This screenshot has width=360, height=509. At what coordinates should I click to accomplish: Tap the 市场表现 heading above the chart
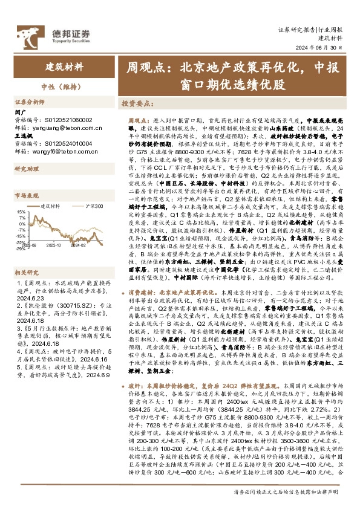(x=26, y=196)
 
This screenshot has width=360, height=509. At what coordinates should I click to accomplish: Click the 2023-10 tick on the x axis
(x=54, y=245)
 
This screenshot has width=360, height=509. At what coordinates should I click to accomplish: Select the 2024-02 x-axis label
(x=79, y=245)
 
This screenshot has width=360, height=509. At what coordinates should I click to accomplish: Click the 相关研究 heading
(x=26, y=256)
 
